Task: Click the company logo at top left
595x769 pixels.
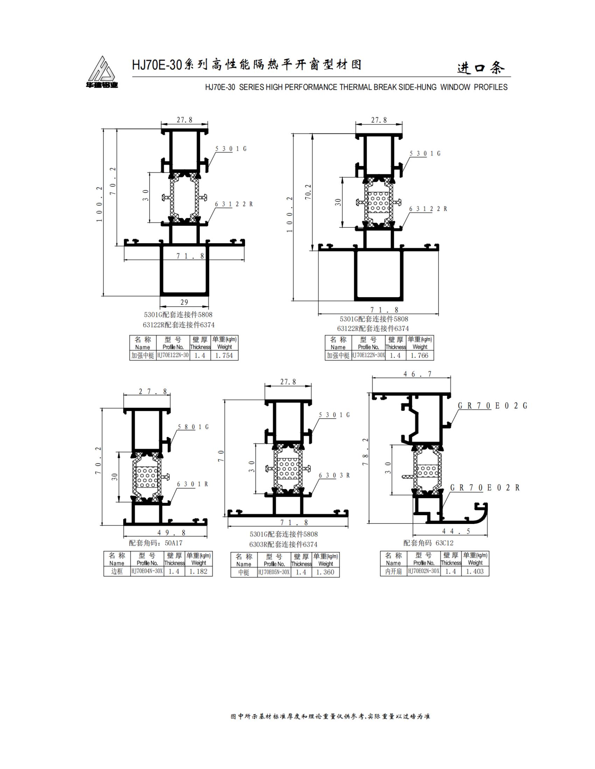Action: (x=102, y=72)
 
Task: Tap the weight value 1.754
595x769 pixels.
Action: (x=224, y=355)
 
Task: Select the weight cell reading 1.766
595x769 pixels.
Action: (x=419, y=355)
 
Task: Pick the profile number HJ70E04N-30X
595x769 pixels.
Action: (x=147, y=571)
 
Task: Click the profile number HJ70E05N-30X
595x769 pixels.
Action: (x=274, y=572)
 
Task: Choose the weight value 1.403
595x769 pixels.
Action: (x=475, y=571)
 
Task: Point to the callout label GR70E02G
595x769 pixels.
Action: (x=492, y=405)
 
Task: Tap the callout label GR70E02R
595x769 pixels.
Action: (x=485, y=488)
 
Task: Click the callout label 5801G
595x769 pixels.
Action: (x=193, y=427)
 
